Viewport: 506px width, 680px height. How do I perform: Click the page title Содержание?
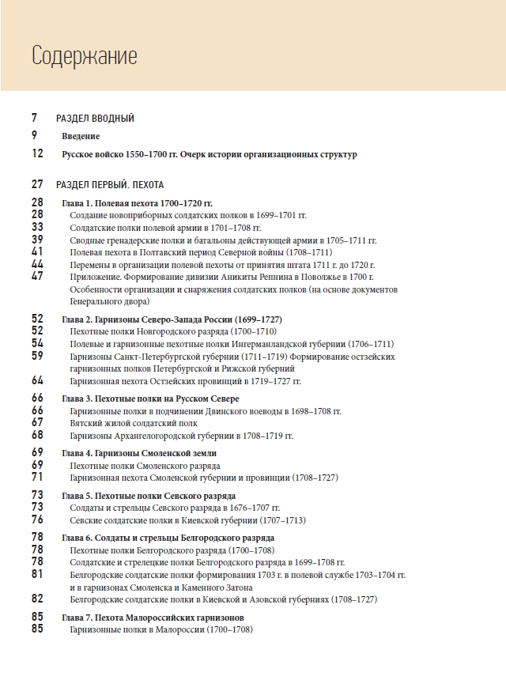(84, 56)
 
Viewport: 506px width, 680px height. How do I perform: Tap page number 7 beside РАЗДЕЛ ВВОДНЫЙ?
(36, 118)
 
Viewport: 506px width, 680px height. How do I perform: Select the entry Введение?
(81, 136)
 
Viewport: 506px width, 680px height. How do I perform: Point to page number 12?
(38, 154)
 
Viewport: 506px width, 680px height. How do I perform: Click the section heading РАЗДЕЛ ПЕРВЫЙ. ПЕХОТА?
(110, 185)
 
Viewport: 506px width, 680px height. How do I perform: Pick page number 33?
(38, 227)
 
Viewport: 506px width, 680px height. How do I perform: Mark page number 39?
(38, 240)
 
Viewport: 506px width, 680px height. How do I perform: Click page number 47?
(38, 276)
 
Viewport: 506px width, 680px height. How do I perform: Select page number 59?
(38, 356)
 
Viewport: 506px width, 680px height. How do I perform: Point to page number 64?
(38, 380)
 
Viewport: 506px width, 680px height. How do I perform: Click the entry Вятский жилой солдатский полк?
(134, 423)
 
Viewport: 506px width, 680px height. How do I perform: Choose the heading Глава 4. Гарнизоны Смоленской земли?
(138, 453)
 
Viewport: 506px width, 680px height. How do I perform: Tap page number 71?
(38, 478)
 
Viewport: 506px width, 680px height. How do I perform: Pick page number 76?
(38, 520)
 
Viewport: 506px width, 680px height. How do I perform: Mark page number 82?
(38, 599)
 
